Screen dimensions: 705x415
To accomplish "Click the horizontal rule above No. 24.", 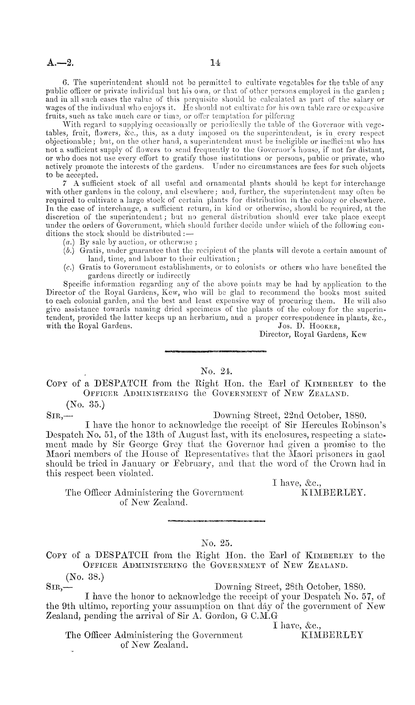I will (216, 351).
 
